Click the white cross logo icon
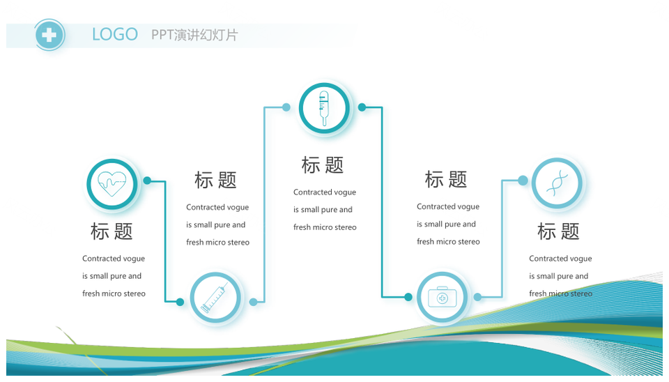coord(49,35)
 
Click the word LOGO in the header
coord(115,35)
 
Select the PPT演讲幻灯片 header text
coord(194,35)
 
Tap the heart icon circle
coord(112,184)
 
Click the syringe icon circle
coord(215,298)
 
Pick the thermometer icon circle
coord(324,108)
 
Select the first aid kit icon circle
coord(443,297)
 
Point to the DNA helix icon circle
coord(557,183)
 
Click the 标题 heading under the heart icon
coord(111,231)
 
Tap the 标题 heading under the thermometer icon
coord(323,165)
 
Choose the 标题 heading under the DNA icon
coord(558,231)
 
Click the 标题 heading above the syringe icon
coord(215,180)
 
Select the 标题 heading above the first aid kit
coord(446,179)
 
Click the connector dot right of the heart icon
coord(147,181)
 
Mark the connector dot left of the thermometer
coord(286,107)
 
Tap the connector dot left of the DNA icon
coord(523,181)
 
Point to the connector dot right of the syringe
coord(254,303)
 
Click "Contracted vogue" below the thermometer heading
coord(325,192)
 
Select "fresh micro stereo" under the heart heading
coord(114,293)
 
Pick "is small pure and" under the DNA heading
coord(558,276)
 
